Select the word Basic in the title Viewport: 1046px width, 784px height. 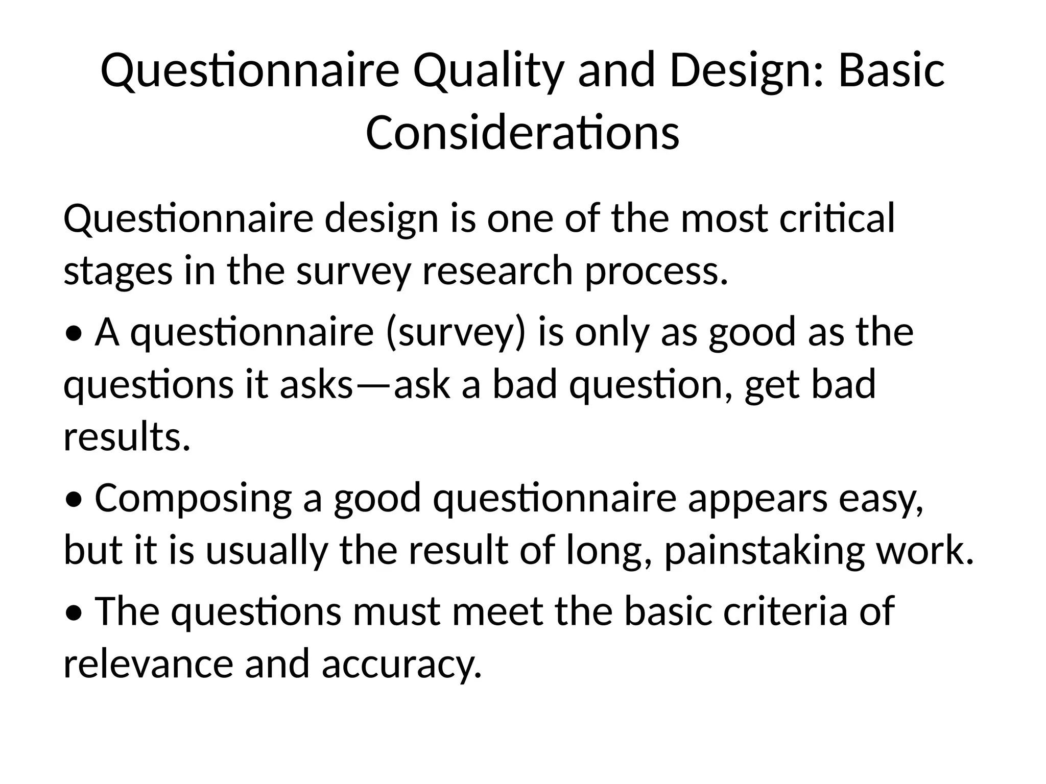(891, 71)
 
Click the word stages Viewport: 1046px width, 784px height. (118, 272)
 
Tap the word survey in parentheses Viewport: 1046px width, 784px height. (455, 333)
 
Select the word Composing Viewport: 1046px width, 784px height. (193, 499)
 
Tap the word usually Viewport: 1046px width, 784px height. (266, 552)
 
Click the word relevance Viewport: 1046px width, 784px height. (148, 664)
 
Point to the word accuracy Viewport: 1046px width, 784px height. (401, 665)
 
